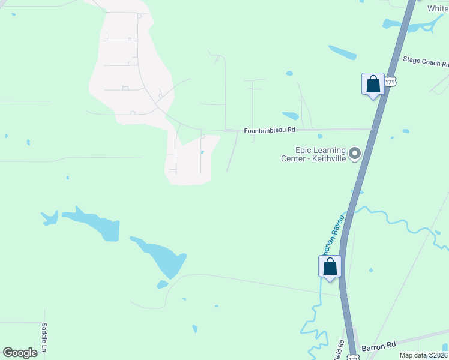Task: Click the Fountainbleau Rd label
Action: pyautogui.click(x=270, y=130)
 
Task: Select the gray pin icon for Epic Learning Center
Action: pyautogui.click(x=355, y=154)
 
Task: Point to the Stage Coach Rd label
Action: pyautogui.click(x=426, y=61)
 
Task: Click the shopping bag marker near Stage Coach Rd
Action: pyautogui.click(x=373, y=84)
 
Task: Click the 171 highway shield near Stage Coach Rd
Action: pyautogui.click(x=391, y=81)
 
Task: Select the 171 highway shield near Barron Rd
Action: pyautogui.click(x=354, y=358)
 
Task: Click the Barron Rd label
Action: pyautogui.click(x=379, y=346)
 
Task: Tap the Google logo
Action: pyautogui.click(x=20, y=353)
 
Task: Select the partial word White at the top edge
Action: pyautogui.click(x=438, y=8)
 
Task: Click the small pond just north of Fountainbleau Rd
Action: pyautogui.click(x=291, y=116)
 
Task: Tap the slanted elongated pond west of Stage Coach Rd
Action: pyautogui.click(x=343, y=52)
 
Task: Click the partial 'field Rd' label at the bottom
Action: pyautogui.click(x=340, y=350)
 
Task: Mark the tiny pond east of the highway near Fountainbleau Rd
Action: pyautogui.click(x=406, y=131)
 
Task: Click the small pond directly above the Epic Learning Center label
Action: pyautogui.click(x=319, y=136)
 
